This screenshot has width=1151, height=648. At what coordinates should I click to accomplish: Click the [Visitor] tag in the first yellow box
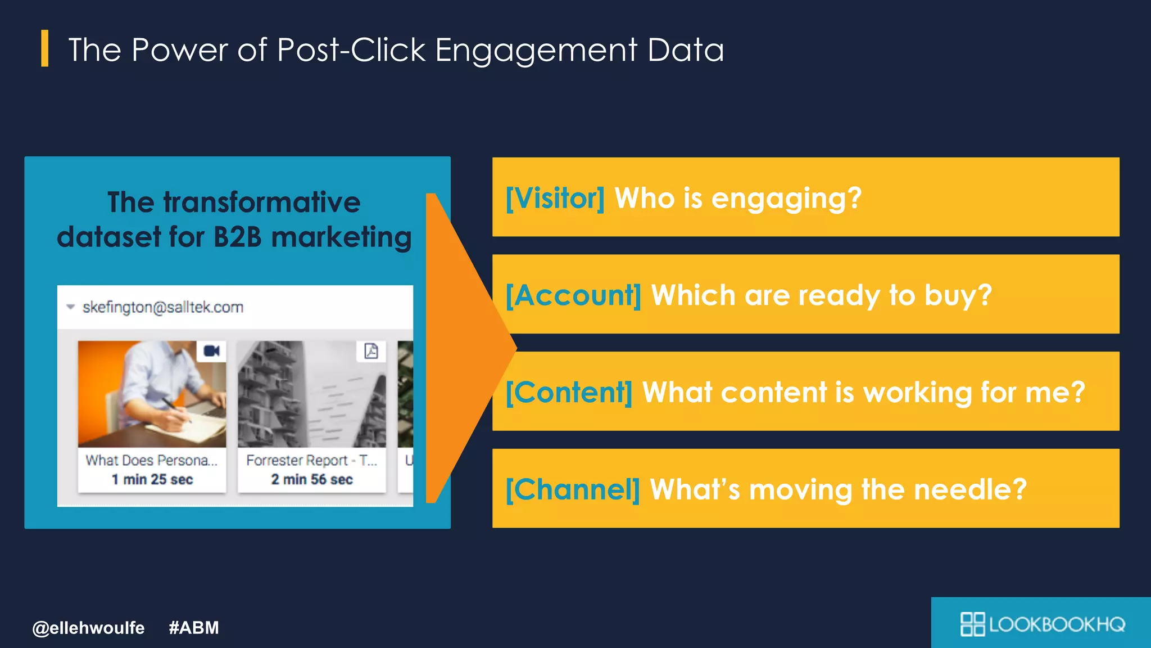(x=555, y=198)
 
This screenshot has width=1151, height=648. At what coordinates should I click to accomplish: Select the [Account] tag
(x=573, y=295)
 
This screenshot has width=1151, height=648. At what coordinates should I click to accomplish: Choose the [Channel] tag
(x=572, y=489)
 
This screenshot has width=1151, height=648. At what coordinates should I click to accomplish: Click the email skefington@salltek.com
(x=162, y=307)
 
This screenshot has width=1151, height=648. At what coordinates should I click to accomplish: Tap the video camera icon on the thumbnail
(x=212, y=351)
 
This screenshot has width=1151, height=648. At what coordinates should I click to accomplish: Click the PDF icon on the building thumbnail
(x=371, y=351)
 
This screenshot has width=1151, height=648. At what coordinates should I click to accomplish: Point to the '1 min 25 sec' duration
(x=152, y=479)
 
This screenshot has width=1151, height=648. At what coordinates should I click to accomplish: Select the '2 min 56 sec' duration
(x=312, y=479)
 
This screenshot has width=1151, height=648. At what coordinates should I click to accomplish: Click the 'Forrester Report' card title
(x=311, y=460)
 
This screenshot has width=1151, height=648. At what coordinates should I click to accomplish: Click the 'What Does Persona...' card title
(x=151, y=460)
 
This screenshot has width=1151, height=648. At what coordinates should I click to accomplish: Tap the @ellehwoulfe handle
(x=88, y=628)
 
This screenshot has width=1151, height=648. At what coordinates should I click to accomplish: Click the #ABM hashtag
(x=193, y=628)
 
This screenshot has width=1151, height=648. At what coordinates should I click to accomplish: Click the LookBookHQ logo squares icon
(x=972, y=624)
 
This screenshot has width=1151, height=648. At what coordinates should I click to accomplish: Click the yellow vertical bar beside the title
(x=44, y=48)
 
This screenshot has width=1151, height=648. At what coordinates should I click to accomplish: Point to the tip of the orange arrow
(x=514, y=348)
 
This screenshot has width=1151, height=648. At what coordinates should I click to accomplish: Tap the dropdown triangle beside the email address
(x=70, y=307)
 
